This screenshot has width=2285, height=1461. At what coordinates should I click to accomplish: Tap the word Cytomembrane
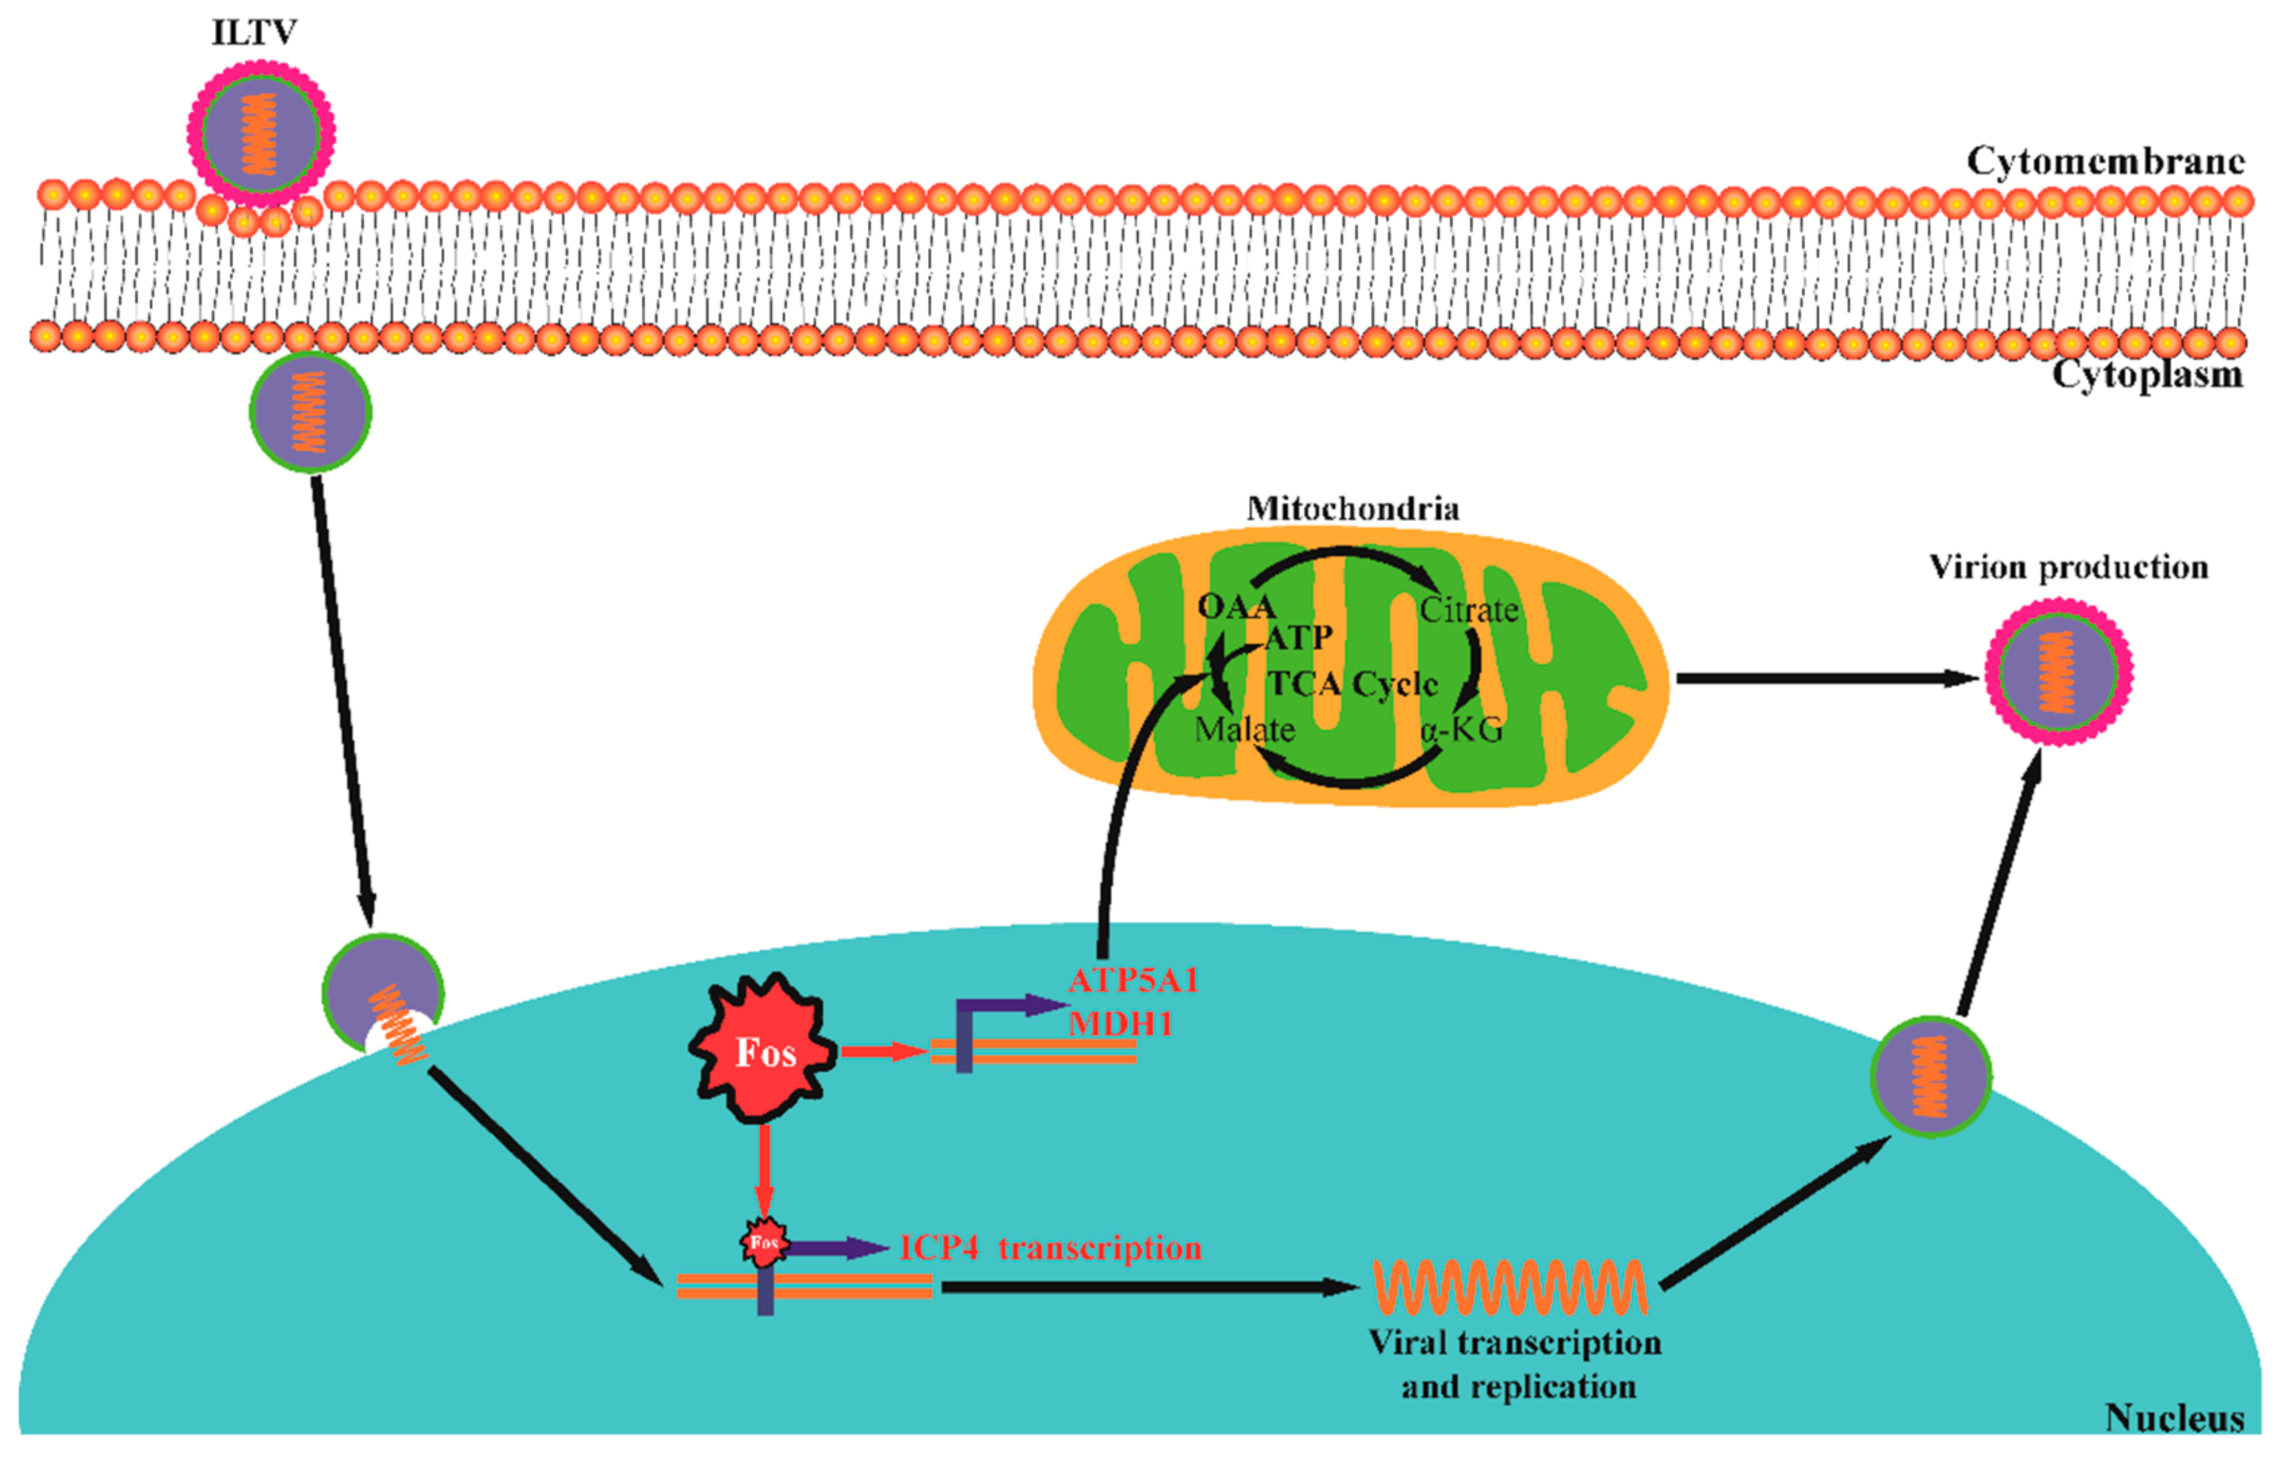2104,161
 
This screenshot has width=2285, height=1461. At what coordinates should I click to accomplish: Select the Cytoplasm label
2147,374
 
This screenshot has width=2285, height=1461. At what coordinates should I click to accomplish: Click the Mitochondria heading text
1353,508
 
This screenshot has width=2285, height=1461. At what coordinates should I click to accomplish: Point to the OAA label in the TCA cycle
1235,606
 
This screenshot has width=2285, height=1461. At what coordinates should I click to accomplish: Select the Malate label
1244,730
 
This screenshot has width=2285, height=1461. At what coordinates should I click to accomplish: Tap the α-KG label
1462,730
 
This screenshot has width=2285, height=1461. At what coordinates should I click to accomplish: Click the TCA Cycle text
1353,683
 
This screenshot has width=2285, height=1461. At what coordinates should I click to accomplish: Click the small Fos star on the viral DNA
764,1243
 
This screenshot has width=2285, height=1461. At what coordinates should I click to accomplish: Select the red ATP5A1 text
1133,980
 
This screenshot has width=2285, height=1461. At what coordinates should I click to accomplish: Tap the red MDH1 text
1120,1024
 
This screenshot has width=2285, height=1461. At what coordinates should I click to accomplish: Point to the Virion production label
2069,567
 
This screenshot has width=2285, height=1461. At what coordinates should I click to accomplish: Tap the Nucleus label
2174,1418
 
